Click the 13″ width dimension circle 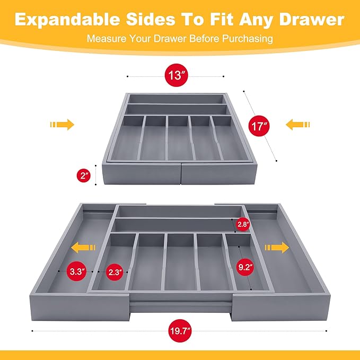[x=176, y=76]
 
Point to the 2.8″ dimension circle [x=242, y=224]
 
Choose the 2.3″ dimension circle [x=113, y=272]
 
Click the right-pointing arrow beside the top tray [x=62, y=125]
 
